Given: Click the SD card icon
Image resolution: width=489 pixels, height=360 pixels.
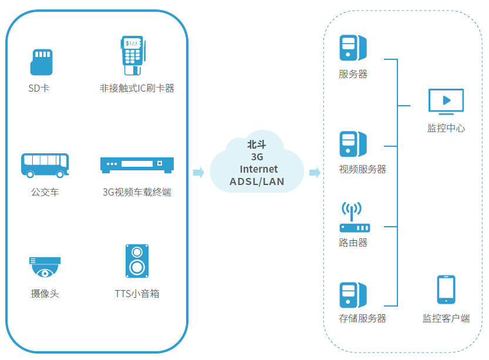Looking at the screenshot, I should [x=41, y=62].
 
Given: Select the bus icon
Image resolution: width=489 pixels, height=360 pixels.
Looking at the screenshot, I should [x=45, y=165].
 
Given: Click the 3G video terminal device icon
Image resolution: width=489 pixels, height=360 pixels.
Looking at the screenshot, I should [x=137, y=165].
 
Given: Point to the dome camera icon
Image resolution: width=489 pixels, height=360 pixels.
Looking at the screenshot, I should [x=45, y=267].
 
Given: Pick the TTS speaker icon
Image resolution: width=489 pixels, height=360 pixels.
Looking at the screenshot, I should [x=137, y=261].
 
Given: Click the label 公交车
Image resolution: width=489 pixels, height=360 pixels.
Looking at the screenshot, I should [x=45, y=192].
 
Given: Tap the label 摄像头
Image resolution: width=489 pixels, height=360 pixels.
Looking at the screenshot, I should [x=45, y=294].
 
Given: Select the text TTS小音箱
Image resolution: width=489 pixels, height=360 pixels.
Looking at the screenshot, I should [x=137, y=294].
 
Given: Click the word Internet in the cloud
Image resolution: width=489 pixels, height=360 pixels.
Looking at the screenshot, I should [x=258, y=169].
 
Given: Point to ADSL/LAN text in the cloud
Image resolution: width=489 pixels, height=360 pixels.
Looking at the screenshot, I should [x=257, y=181].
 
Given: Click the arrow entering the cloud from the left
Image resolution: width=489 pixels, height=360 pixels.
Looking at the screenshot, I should [x=198, y=172].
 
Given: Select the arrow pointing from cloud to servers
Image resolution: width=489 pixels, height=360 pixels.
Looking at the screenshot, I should [x=315, y=172].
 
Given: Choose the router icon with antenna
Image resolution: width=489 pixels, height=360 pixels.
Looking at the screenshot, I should [x=354, y=218].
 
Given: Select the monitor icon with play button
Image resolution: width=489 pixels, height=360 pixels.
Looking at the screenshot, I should [x=446, y=101].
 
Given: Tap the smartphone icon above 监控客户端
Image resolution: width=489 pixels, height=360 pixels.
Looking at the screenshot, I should [x=446, y=290].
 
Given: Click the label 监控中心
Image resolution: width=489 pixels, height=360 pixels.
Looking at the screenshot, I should [x=446, y=128].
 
